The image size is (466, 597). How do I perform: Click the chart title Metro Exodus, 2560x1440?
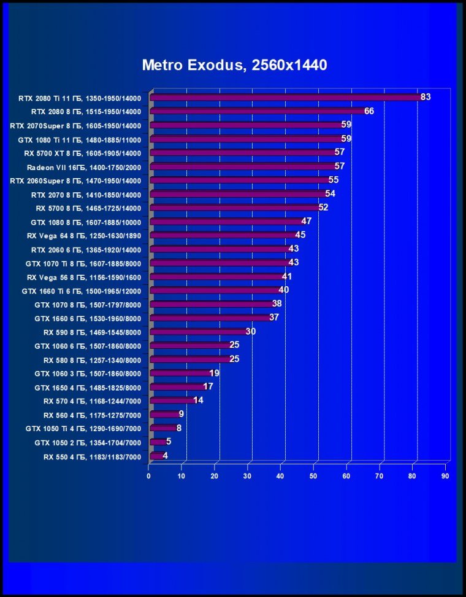pyautogui.click(x=234, y=64)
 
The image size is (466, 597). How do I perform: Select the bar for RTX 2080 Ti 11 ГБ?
pyautogui.click(x=285, y=97)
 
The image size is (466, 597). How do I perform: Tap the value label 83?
pyautogui.click(x=426, y=97)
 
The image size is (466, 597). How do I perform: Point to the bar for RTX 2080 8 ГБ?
pyautogui.click(x=258, y=111)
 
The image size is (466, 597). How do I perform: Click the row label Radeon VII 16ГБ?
pyautogui.click(x=84, y=167)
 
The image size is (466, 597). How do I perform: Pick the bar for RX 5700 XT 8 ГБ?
pyautogui.click(x=242, y=152)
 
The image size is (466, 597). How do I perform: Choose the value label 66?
pyautogui.click(x=369, y=111)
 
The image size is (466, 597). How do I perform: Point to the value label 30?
pyautogui.click(x=250, y=332)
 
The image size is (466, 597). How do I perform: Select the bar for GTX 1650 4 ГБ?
pyautogui.click(x=177, y=387)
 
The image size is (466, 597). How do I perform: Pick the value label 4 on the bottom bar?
pyautogui.click(x=165, y=456)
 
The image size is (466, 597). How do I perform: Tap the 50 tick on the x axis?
pyautogui.click(x=313, y=475)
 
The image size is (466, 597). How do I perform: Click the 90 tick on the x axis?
pyautogui.click(x=445, y=475)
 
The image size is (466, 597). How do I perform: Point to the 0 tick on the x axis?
pyautogui.click(x=148, y=475)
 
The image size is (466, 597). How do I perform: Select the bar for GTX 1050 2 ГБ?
pyautogui.click(x=157, y=442)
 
